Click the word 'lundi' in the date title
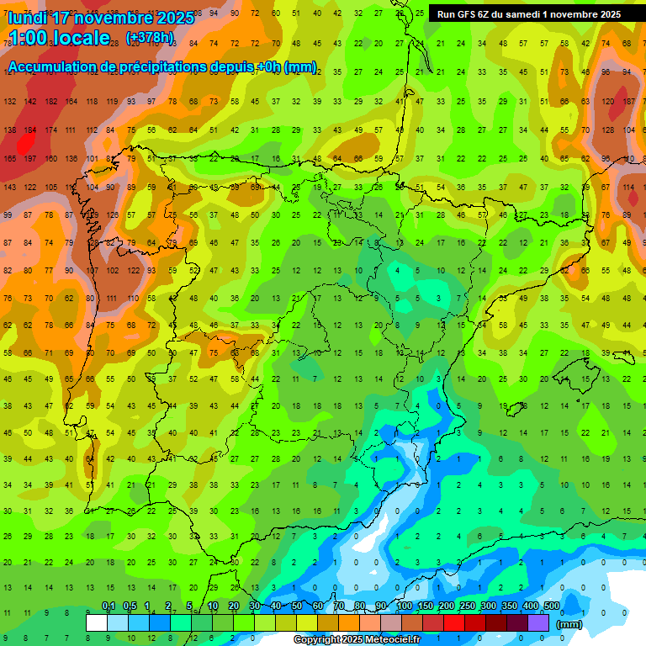point(32,18)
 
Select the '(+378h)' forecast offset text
point(150,38)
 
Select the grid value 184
point(31,130)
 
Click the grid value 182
point(51,102)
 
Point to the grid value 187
point(629,102)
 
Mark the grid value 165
point(10,159)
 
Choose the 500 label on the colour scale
point(551,606)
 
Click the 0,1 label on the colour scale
point(109,606)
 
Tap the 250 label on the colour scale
point(467,606)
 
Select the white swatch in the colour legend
point(97,623)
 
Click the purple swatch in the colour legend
point(538,623)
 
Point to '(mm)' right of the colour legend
point(569,624)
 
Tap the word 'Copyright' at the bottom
point(316,640)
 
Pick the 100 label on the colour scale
point(404,606)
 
